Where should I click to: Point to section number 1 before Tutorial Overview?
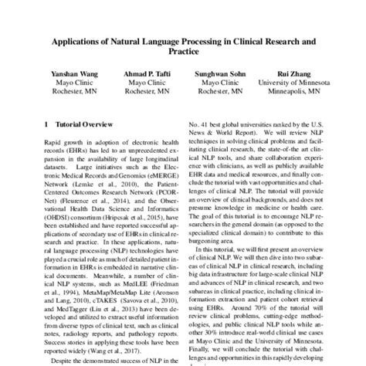tap(48, 124)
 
